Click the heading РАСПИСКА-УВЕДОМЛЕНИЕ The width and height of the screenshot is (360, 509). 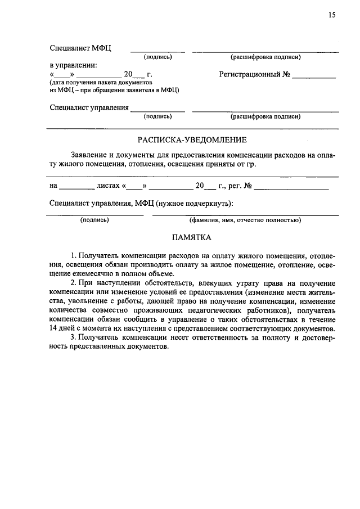pos(192,139)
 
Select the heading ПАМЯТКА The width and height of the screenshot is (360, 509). pos(192,238)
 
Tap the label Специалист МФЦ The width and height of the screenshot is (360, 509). pos(80,48)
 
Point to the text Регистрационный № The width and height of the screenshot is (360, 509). pos(254,74)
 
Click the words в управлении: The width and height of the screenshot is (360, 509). pos(73,65)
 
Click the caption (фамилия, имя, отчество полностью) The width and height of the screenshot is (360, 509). pos(245,220)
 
